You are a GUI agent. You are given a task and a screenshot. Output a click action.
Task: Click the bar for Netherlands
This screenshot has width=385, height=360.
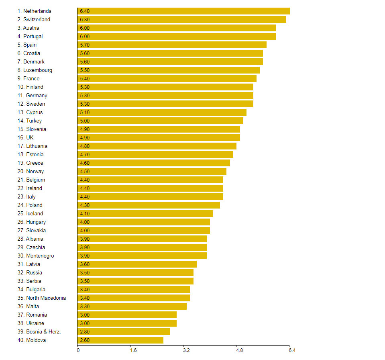(x=183, y=11)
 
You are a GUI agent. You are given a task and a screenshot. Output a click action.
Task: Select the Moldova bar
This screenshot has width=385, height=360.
(x=120, y=340)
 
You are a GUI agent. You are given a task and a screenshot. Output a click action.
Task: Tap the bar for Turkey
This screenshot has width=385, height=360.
(x=160, y=121)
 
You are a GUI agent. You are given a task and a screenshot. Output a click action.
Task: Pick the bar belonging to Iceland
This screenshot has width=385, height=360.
(x=145, y=213)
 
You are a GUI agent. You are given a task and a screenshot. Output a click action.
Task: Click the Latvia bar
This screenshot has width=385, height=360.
(x=137, y=264)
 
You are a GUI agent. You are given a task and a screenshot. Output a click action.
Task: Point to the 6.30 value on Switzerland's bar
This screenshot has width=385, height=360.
(x=85, y=19)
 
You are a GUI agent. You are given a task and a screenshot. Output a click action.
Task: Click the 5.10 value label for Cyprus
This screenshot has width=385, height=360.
(x=85, y=112)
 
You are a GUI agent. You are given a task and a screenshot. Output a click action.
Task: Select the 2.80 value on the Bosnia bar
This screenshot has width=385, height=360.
(x=85, y=331)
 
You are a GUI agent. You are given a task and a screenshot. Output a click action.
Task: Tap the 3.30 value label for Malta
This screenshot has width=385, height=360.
(x=85, y=306)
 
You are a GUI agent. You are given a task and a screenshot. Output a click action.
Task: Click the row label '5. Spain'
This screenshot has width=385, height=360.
(x=27, y=45)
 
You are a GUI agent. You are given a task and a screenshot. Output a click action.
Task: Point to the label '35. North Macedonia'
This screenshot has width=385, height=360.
(x=41, y=298)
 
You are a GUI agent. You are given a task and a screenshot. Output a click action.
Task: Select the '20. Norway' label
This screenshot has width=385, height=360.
(x=31, y=171)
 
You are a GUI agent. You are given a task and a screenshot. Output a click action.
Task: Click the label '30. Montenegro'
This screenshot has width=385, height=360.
(x=35, y=256)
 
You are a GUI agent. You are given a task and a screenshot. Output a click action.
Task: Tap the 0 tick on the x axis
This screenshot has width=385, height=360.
(x=78, y=351)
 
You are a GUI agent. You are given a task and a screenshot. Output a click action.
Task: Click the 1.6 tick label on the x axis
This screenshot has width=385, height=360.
(x=133, y=351)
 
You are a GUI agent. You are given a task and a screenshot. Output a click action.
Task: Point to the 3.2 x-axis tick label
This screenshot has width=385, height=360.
(x=186, y=351)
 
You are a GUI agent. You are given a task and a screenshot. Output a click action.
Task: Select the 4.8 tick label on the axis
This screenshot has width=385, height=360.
(x=239, y=351)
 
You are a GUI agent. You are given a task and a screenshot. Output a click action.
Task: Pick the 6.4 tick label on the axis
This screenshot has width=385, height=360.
(x=292, y=351)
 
